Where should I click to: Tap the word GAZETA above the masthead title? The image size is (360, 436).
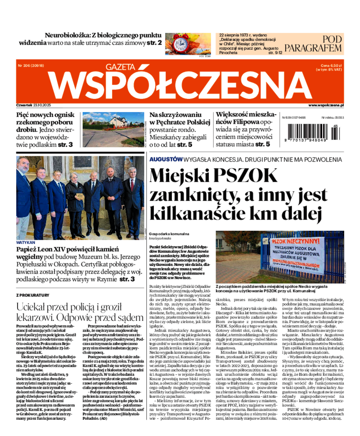pyautogui.click(x=120, y=67)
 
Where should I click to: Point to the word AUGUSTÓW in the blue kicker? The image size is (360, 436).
pyautogui.click(x=165, y=159)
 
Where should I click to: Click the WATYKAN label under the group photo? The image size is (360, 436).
pyautogui.click(x=25, y=242)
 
